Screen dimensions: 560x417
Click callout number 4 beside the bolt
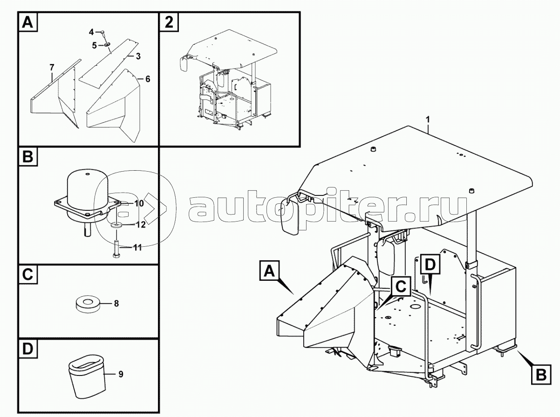[x=91, y=32]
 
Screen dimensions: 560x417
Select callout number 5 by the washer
[x=94, y=46]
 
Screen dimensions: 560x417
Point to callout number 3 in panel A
[x=138, y=56]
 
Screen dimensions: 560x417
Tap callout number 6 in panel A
[x=148, y=79]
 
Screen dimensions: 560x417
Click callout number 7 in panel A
[x=52, y=68]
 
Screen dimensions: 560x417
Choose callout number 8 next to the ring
[x=116, y=304]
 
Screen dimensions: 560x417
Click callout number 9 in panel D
[x=121, y=374]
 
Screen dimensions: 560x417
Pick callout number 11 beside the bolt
[x=137, y=248]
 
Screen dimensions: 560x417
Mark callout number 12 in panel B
[x=141, y=224]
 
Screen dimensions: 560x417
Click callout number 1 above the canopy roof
[x=428, y=119]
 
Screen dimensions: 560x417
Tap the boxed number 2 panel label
[x=169, y=22]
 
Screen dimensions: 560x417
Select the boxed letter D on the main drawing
[x=430, y=264]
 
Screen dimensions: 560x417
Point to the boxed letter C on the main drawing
[x=401, y=286]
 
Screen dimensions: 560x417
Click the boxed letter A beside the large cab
[x=270, y=271]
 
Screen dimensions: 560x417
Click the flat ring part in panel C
[x=88, y=304]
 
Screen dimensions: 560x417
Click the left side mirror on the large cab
[x=290, y=215]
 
